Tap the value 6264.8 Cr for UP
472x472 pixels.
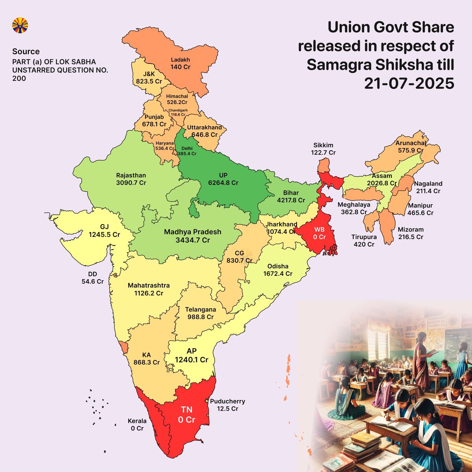223,183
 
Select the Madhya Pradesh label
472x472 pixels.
192,232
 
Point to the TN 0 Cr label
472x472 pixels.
186,415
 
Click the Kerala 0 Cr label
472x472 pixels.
137,424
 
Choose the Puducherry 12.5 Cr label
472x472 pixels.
227,405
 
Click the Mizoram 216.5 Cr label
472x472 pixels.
411,233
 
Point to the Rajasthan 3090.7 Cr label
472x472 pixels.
131,179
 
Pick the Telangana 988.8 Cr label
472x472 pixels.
201,313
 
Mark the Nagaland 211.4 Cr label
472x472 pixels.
428,187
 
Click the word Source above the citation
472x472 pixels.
26,52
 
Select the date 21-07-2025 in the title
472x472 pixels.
409,84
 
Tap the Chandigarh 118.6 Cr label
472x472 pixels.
178,112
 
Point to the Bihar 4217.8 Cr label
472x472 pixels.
291,196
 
